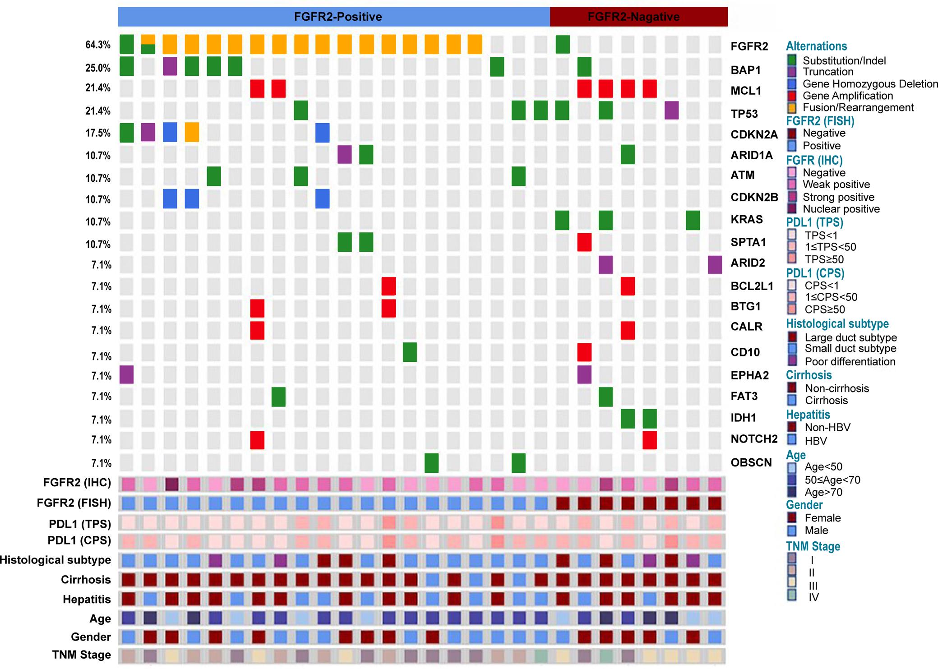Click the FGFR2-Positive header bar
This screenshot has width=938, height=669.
(334, 17)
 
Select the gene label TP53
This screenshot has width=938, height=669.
(744, 114)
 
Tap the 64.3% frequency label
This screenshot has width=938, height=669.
(98, 45)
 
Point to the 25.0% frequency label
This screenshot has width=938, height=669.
(98, 68)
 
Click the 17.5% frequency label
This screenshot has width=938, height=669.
(98, 133)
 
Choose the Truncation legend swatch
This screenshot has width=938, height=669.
(792, 72)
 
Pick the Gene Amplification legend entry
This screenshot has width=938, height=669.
(847, 96)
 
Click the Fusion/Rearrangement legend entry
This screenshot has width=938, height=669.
(858, 107)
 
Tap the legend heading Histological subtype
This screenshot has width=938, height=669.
(837, 324)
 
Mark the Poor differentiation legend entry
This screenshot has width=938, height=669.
(850, 361)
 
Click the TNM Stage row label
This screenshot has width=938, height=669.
(81, 655)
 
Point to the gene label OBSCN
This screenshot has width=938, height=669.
(751, 462)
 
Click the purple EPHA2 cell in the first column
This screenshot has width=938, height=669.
(127, 375)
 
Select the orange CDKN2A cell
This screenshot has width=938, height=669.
(192, 133)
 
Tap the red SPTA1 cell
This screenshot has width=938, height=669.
(584, 242)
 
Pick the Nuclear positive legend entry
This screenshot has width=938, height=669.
(841, 209)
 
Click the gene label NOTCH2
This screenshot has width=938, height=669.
(754, 439)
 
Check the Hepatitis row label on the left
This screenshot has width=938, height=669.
(87, 599)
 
